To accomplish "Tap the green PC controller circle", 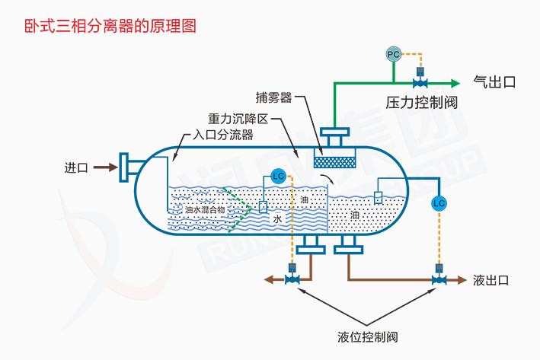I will click(x=393, y=55).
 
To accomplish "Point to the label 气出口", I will click(x=494, y=82).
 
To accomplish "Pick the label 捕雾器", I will click(x=275, y=97).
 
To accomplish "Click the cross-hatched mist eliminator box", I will click(x=335, y=161).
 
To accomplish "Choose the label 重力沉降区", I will click(x=238, y=119).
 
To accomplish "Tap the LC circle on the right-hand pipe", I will click(x=438, y=203).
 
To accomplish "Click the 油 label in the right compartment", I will click(x=355, y=215).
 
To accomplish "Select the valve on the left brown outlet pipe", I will click(x=291, y=279).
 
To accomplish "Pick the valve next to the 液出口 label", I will click(x=439, y=279).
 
